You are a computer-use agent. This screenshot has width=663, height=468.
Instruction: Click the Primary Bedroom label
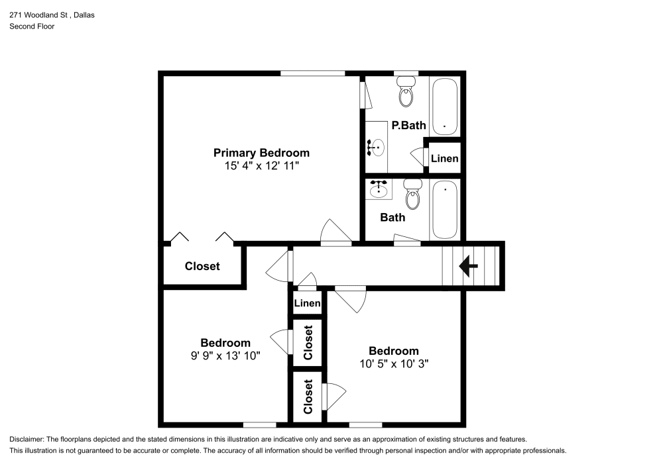pos(261,153)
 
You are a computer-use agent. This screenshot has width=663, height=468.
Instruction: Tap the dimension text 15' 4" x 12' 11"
pos(261,166)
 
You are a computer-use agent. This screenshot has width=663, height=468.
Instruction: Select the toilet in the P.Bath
pos(406,91)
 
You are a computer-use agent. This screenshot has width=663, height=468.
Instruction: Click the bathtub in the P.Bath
pos(445,107)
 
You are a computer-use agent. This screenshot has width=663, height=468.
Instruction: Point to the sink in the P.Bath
pos(377,147)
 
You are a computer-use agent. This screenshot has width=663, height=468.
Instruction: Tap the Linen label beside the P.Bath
pos(444,159)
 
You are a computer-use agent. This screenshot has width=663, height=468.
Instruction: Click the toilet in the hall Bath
pos(412,195)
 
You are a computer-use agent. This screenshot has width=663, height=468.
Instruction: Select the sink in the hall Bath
pos(379,189)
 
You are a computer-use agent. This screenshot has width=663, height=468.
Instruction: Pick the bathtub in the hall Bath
pos(445,210)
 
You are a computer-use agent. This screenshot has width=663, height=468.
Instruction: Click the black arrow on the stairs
pos(468,266)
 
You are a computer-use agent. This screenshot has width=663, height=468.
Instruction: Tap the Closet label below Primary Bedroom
pos(202,266)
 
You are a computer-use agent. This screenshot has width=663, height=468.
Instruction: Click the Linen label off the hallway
pos(307,303)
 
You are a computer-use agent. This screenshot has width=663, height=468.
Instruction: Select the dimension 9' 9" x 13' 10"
pos(225,356)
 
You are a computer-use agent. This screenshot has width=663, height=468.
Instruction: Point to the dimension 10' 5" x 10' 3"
pos(394,364)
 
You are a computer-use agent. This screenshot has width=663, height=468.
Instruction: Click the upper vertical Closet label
pos(308,343)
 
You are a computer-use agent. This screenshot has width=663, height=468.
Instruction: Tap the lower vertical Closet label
pos(308,397)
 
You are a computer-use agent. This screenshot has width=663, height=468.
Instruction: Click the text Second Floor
pos(32,26)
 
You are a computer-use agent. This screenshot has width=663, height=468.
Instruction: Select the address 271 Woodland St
pos(38,15)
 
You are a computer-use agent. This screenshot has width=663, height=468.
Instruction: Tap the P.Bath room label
pos(408,125)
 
